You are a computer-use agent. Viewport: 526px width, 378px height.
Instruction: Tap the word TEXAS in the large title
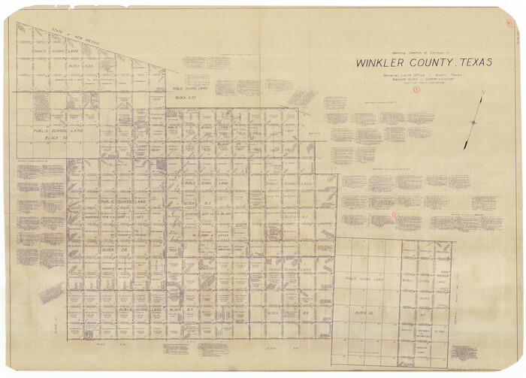coord(470,62)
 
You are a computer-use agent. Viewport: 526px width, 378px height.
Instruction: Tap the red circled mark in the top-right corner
coord(509,23)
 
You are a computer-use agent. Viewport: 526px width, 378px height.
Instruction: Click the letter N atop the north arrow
coord(482,93)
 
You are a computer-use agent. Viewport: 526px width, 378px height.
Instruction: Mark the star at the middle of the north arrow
coord(474,122)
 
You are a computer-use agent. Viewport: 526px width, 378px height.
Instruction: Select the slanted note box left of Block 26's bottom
coord(51,293)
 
